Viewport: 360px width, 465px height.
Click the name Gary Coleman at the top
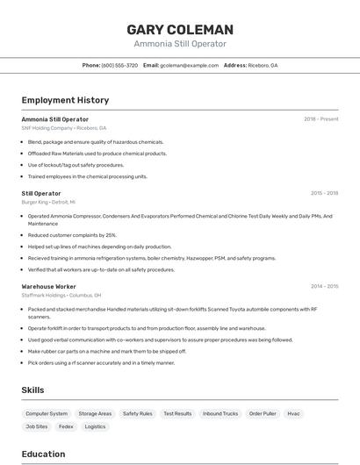coord(180,29)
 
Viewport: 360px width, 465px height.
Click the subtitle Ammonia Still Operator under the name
coord(180,44)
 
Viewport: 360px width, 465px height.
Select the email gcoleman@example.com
coord(189,65)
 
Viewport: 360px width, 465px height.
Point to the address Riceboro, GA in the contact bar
coord(262,65)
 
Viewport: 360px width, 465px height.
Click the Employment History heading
coord(65,100)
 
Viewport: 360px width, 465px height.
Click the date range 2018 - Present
coord(320,118)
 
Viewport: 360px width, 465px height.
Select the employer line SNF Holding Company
coord(63,128)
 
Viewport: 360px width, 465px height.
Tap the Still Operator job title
coord(41,193)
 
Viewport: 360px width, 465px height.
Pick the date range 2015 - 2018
coord(324,193)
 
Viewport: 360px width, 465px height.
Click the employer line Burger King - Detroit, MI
coord(48,202)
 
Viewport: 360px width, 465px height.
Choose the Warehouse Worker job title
coord(48,286)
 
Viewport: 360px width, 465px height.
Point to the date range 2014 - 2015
coord(324,286)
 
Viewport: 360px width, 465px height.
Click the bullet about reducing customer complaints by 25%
coord(72,235)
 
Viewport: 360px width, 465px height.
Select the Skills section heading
coord(33,389)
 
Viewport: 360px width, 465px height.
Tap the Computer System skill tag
coord(47,413)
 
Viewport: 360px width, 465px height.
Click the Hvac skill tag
coord(293,413)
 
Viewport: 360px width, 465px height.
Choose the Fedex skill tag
coord(66,426)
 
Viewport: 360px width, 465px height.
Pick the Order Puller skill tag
coord(262,413)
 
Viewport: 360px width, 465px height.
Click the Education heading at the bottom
coord(43,454)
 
